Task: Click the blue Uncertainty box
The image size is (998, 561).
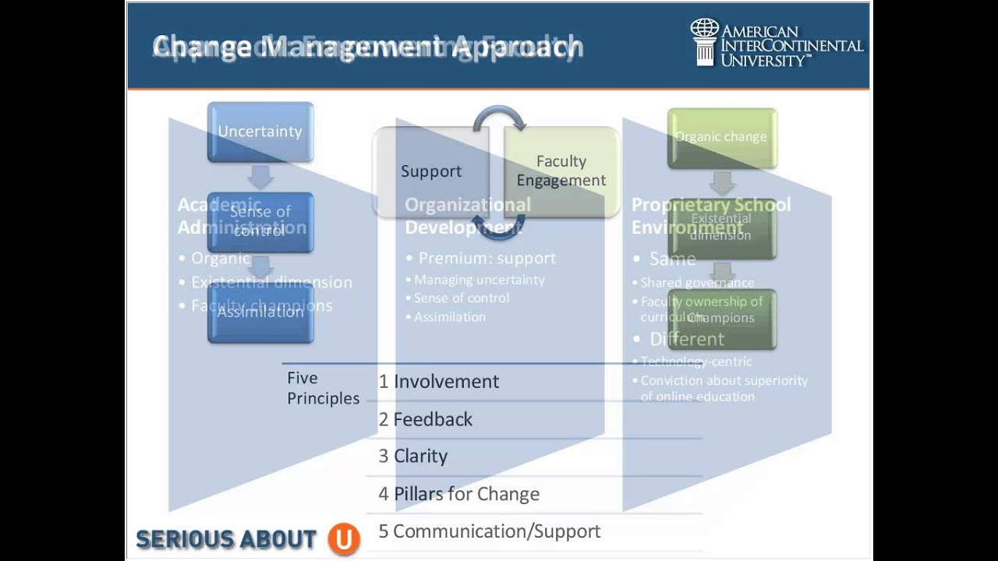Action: pyautogui.click(x=260, y=132)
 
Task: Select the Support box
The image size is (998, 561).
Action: pyautogui.click(x=431, y=171)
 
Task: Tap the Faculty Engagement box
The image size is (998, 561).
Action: pyautogui.click(x=561, y=171)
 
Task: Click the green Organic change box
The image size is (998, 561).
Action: pyautogui.click(x=721, y=137)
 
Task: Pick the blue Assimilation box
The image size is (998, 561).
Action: pyautogui.click(x=260, y=312)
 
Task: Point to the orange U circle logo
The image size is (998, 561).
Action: pyautogui.click(x=343, y=538)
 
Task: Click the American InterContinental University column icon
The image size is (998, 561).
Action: pyautogui.click(x=705, y=42)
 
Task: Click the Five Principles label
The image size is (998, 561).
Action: pyautogui.click(x=323, y=388)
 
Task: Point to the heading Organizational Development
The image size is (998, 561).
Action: pyautogui.click(x=468, y=216)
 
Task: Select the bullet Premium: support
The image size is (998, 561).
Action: pyautogui.click(x=487, y=259)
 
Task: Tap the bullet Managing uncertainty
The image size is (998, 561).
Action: pyautogui.click(x=480, y=280)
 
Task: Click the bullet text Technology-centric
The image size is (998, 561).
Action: pyautogui.click(x=696, y=362)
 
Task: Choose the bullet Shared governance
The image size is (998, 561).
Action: pyautogui.click(x=697, y=283)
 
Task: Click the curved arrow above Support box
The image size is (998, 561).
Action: pyautogui.click(x=499, y=117)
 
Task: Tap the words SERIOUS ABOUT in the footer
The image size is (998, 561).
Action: pyautogui.click(x=226, y=539)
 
